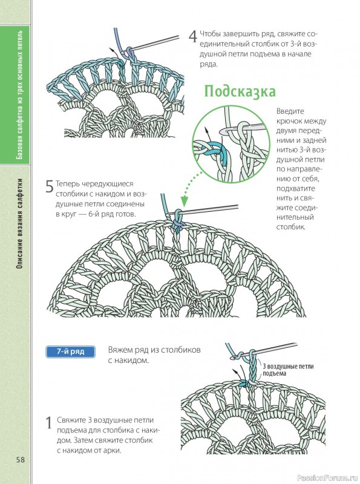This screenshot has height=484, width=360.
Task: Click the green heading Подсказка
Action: click(x=240, y=91)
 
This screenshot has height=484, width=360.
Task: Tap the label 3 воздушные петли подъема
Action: click(x=283, y=370)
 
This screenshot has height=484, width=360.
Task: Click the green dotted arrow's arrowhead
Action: click(x=184, y=201)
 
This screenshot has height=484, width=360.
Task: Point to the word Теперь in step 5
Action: click(x=70, y=184)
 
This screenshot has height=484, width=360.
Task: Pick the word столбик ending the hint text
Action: click(x=291, y=227)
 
